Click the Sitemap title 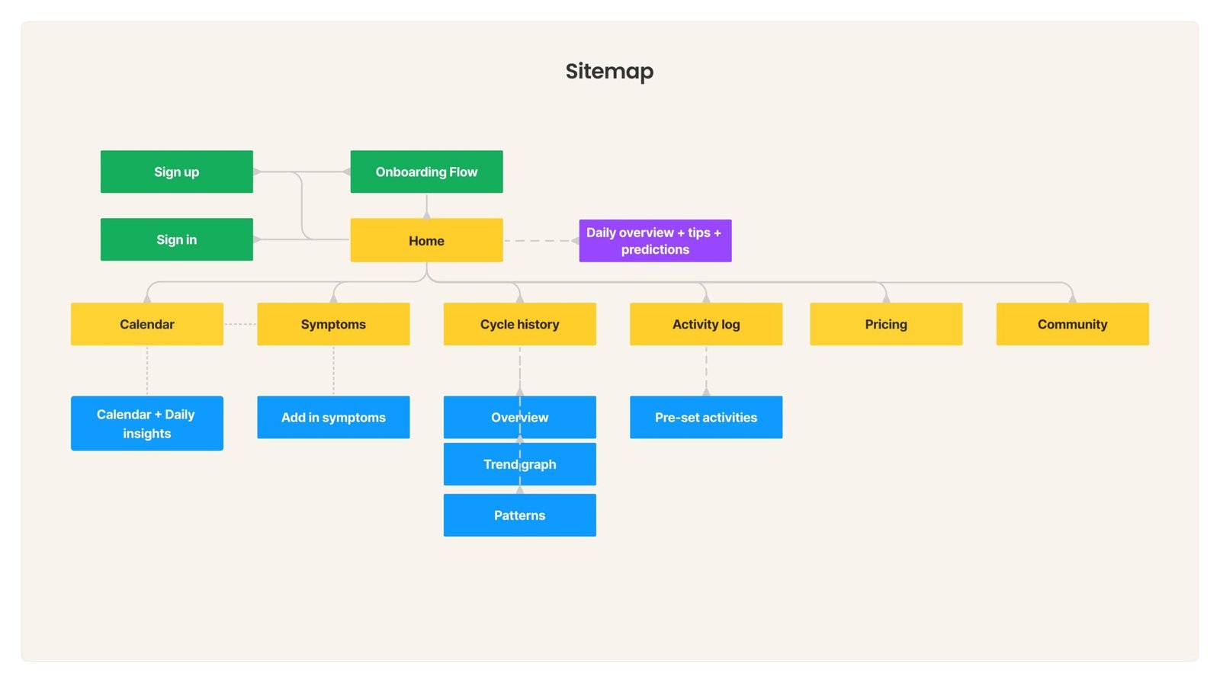(609, 71)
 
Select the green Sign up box (176, 172)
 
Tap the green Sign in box (176, 239)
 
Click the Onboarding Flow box (426, 172)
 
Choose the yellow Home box (426, 240)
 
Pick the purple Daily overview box (655, 241)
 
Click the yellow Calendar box (147, 324)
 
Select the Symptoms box (333, 324)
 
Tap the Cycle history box (519, 324)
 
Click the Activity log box (706, 324)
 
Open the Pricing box (886, 324)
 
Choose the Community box (1072, 324)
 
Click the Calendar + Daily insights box (147, 423)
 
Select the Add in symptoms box (333, 417)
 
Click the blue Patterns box (519, 515)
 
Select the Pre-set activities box (706, 417)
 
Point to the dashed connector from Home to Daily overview (540, 241)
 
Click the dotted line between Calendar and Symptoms (240, 324)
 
